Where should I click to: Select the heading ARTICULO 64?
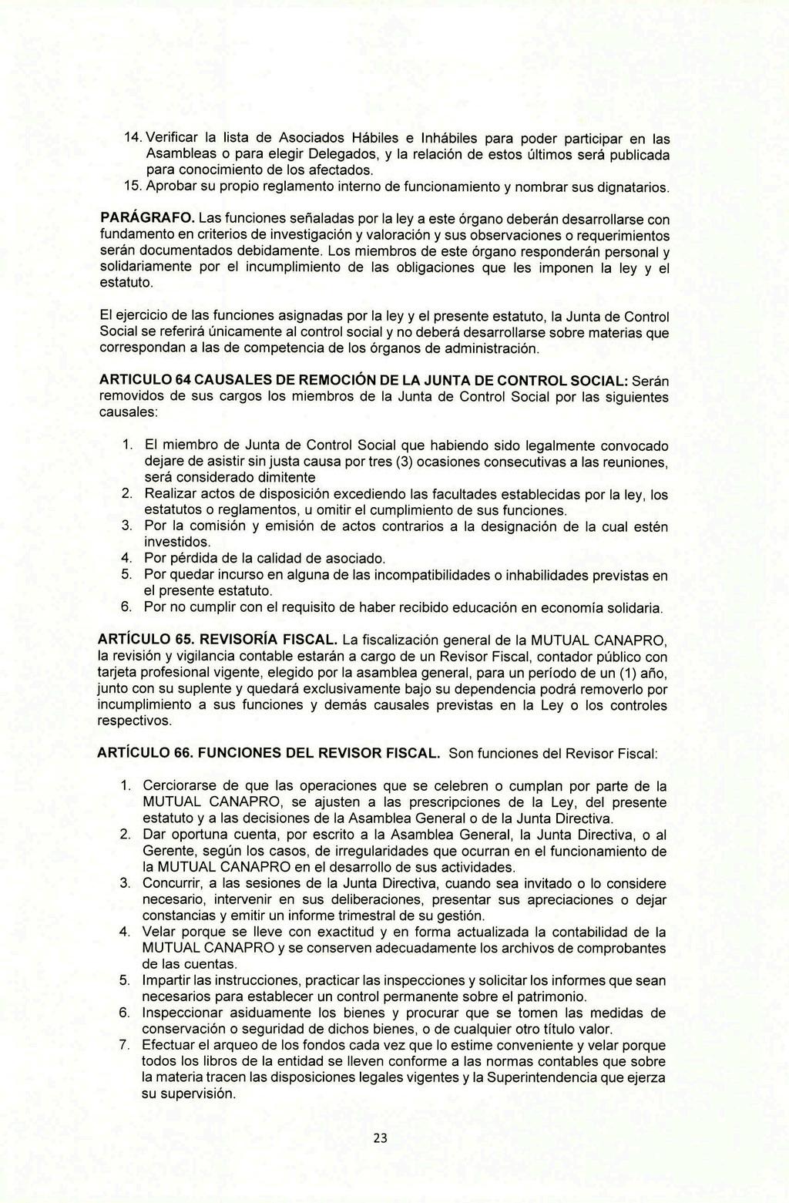click(x=145, y=381)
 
